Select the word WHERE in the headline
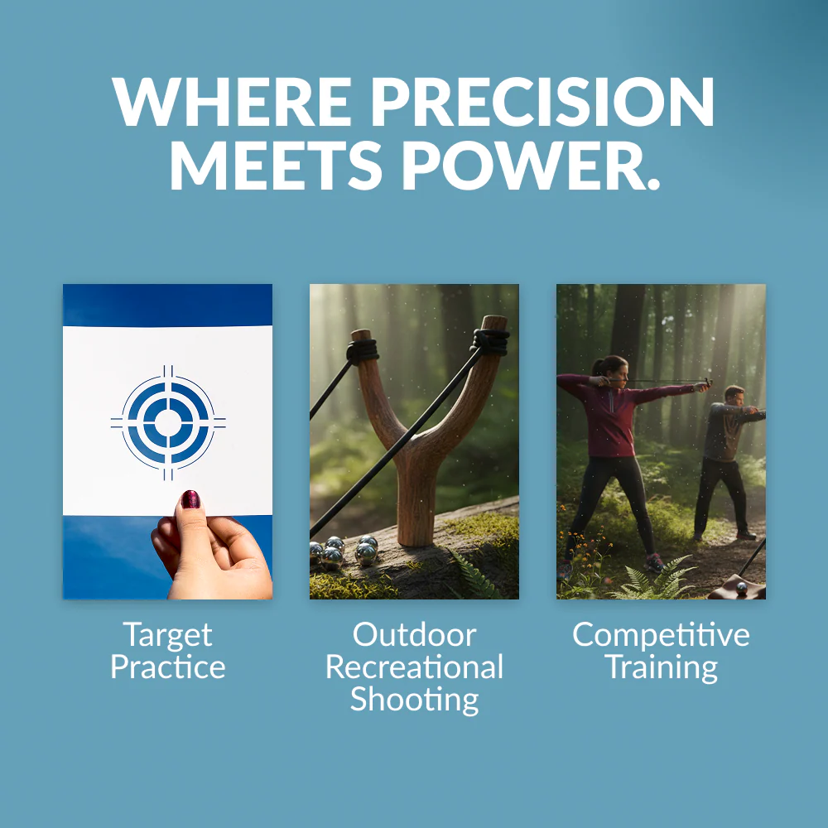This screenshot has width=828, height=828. (231, 101)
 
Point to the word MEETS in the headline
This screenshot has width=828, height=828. (275, 165)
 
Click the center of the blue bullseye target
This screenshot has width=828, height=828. (168, 422)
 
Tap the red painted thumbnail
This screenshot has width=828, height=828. (190, 499)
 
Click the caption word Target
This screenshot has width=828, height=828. (168, 635)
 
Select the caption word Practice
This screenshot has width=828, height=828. (168, 667)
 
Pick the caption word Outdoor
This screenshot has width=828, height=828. (415, 634)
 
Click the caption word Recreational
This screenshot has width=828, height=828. (415, 667)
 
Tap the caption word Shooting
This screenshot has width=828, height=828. (415, 700)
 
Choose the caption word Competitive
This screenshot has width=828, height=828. (661, 635)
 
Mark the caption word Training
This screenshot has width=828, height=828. (661, 668)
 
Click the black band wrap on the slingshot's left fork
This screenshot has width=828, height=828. (363, 351)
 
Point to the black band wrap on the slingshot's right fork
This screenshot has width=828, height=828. (490, 341)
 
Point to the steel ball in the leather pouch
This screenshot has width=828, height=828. (741, 588)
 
